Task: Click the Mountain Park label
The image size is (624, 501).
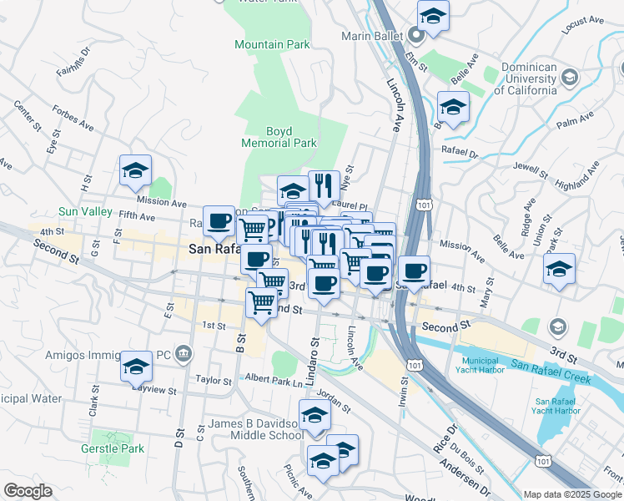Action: [x=272, y=44]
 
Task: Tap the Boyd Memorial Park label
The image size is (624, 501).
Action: [x=279, y=137]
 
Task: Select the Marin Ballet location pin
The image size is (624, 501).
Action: [x=417, y=36]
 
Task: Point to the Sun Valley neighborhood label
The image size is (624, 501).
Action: [x=85, y=212]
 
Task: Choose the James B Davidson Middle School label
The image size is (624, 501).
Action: [x=255, y=429]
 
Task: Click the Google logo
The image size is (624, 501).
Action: [x=28, y=490]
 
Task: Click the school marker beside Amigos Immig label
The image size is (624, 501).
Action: [x=136, y=366]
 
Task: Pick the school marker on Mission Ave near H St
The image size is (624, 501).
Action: [x=135, y=171]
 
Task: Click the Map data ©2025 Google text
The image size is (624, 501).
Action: [x=573, y=494]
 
